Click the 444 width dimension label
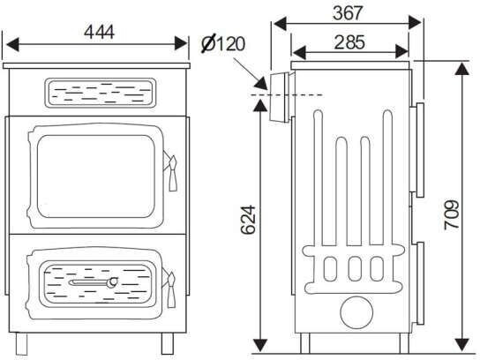point(99,32)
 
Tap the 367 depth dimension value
point(348,13)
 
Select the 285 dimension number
point(349,42)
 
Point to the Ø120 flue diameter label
point(223,43)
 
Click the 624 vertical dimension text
point(248,220)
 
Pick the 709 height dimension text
point(452,215)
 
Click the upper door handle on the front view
point(172,172)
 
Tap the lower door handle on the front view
point(171,289)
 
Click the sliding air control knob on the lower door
point(113,282)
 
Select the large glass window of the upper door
point(96,176)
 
